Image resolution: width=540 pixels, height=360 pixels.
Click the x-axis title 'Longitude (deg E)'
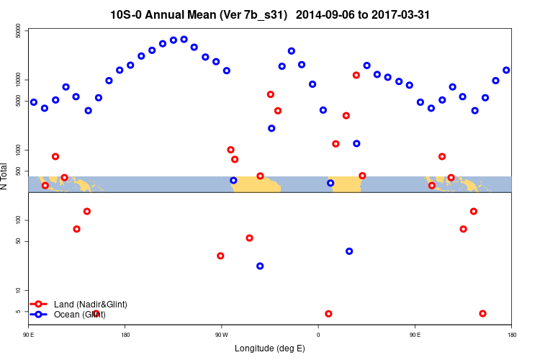point(270,348)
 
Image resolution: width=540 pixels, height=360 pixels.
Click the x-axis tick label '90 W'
point(221,334)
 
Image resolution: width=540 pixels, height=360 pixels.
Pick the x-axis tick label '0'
point(318,334)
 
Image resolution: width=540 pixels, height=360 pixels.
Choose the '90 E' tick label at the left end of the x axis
point(29,334)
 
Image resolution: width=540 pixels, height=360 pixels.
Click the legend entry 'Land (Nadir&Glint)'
point(90,305)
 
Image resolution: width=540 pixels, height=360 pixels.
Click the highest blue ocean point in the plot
point(184,40)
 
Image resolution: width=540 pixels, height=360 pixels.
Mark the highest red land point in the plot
point(356,75)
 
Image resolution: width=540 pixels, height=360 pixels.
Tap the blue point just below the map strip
point(260,266)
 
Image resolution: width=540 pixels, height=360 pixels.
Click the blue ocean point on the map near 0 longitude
point(330,183)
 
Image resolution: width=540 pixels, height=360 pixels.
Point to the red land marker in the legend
point(39,305)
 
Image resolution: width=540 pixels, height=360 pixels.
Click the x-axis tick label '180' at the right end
point(511,334)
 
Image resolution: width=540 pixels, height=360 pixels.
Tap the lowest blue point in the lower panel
point(260,266)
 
